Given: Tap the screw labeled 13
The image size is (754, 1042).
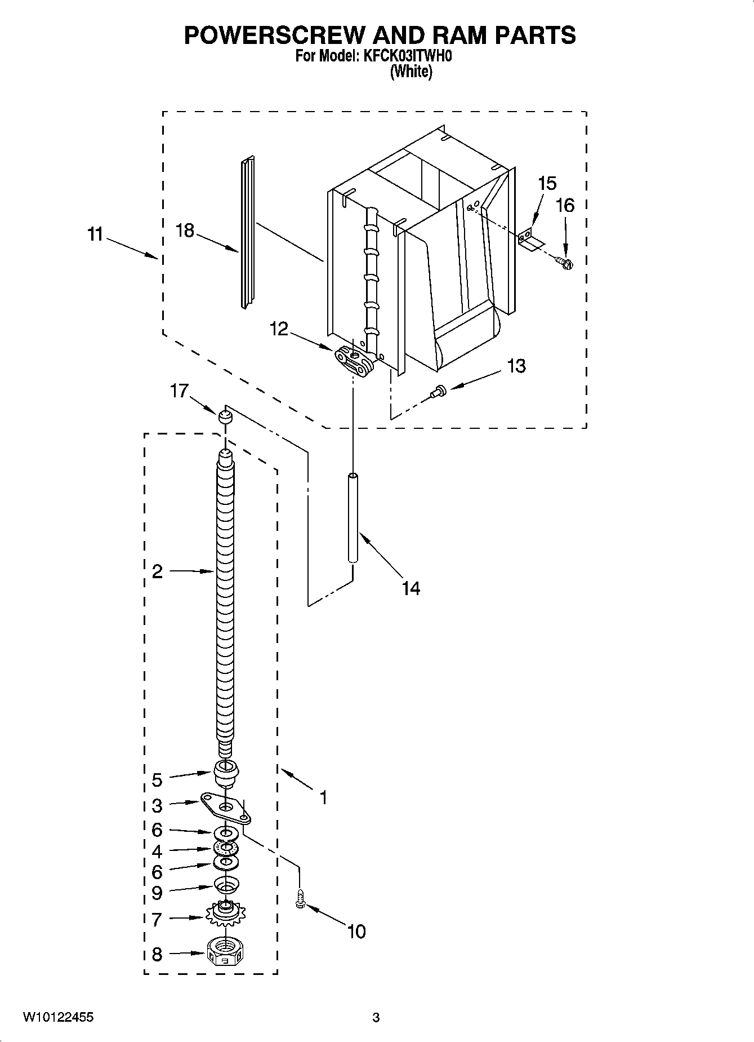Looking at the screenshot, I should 438,391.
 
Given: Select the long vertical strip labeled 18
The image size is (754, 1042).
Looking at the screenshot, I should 247,232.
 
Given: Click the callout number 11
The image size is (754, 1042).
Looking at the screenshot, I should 95,234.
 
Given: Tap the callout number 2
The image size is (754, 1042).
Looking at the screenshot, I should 158,571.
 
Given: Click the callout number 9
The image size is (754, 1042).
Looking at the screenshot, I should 157,893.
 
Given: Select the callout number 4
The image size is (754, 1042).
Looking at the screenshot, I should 157,851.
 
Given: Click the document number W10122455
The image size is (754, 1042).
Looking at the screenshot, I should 58,1017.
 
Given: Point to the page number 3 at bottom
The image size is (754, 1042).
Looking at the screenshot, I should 376,1017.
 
